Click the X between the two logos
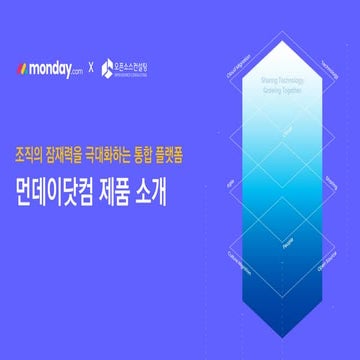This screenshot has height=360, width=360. point(92,69)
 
